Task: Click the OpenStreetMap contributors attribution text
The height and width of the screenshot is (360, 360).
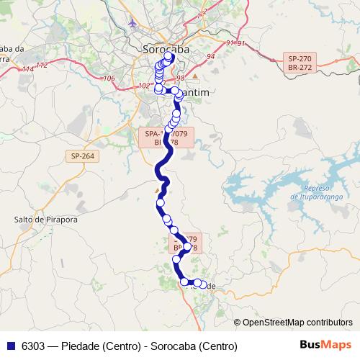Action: click(x=297, y=323)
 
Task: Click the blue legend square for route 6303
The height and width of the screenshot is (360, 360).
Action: click(x=11, y=346)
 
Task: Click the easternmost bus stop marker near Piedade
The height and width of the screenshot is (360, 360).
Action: click(x=203, y=284)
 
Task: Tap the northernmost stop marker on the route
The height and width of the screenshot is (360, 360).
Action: click(x=169, y=56)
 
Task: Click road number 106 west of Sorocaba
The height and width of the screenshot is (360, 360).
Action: click(x=109, y=78)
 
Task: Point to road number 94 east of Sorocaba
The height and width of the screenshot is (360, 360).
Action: click(x=211, y=55)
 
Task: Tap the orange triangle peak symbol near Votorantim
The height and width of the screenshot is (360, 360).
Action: click(x=194, y=76)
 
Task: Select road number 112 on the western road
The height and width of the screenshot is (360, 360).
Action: click(x=41, y=65)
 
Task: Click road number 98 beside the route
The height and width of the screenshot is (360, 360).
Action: click(x=180, y=77)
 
